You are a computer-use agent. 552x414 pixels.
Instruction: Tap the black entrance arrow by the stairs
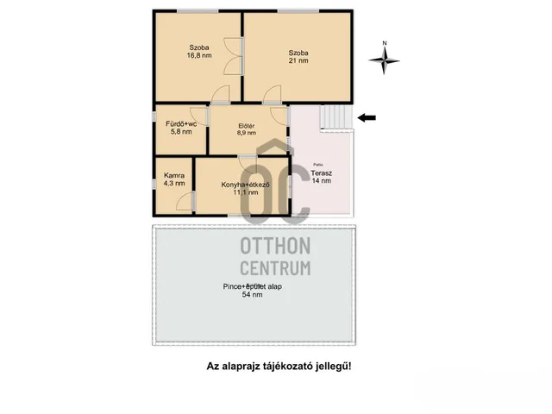coord(367,118)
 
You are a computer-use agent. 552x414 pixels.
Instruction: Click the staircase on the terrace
coord(336,117)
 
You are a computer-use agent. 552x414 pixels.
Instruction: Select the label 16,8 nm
coord(199,55)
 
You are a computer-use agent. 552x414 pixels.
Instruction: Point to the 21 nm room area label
coord(298,60)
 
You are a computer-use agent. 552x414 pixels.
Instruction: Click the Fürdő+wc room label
coord(181,124)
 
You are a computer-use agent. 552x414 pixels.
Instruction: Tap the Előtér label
coord(247,126)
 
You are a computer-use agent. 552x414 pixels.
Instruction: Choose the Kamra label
coord(174,175)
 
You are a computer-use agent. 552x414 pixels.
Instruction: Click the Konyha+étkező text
coord(245,185)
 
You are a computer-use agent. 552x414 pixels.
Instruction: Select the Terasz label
coord(321,173)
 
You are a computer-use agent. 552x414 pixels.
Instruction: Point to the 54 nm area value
coord(252,295)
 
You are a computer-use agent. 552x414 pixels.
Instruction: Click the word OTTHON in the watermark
coord(275,246)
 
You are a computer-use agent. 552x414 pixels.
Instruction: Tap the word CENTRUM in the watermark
coord(275,268)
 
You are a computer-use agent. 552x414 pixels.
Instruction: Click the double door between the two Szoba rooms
coord(233,56)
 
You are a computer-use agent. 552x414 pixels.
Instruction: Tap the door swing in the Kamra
coord(185,201)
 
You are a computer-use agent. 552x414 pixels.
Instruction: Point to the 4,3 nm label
coord(174,183)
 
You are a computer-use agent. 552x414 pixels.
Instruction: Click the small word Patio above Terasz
coord(318,165)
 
